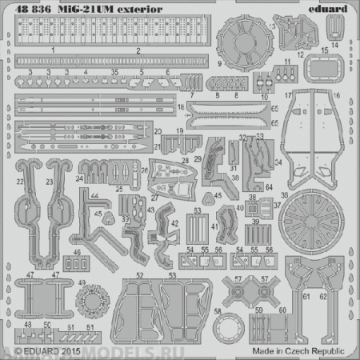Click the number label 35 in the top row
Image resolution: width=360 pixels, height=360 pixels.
click(115, 71)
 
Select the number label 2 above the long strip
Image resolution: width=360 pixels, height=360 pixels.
click(138, 50)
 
